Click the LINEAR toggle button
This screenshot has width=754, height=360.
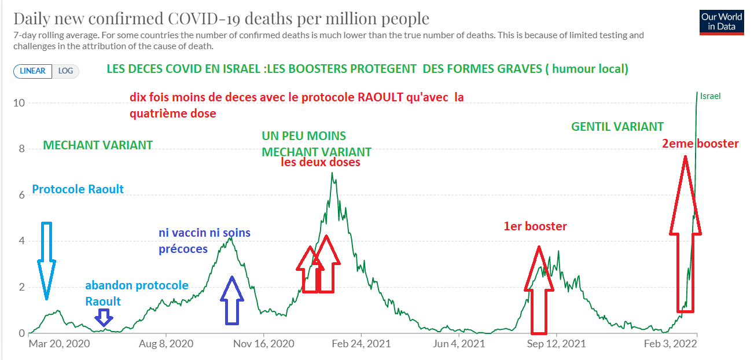click(33, 71)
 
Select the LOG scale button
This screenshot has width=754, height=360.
click(65, 71)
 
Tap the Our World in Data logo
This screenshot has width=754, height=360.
click(721, 22)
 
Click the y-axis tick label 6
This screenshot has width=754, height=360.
click(21, 195)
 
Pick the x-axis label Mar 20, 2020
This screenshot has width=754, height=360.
click(59, 343)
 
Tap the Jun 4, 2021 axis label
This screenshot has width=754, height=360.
click(458, 343)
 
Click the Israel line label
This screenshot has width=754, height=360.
click(710, 96)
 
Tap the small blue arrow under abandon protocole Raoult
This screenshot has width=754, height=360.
click(104, 317)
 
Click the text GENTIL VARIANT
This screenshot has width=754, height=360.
click(617, 127)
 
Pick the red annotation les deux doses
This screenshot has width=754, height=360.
click(321, 163)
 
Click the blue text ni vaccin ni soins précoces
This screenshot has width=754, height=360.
click(205, 241)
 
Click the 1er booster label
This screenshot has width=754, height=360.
click(535, 226)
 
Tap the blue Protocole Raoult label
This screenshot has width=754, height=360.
click(78, 189)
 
